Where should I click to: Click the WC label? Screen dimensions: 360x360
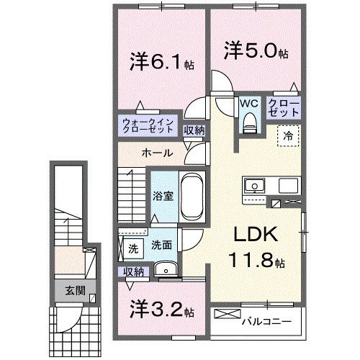click(249, 103)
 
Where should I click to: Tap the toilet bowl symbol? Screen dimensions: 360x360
click(250, 125)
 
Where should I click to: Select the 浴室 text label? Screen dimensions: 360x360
click(161, 196)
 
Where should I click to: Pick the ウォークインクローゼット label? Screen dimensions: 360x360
click(148, 126)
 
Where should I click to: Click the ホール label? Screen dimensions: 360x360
click(156, 153)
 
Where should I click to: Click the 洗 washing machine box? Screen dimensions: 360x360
click(132, 249)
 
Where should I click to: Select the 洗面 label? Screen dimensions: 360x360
click(161, 246)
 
